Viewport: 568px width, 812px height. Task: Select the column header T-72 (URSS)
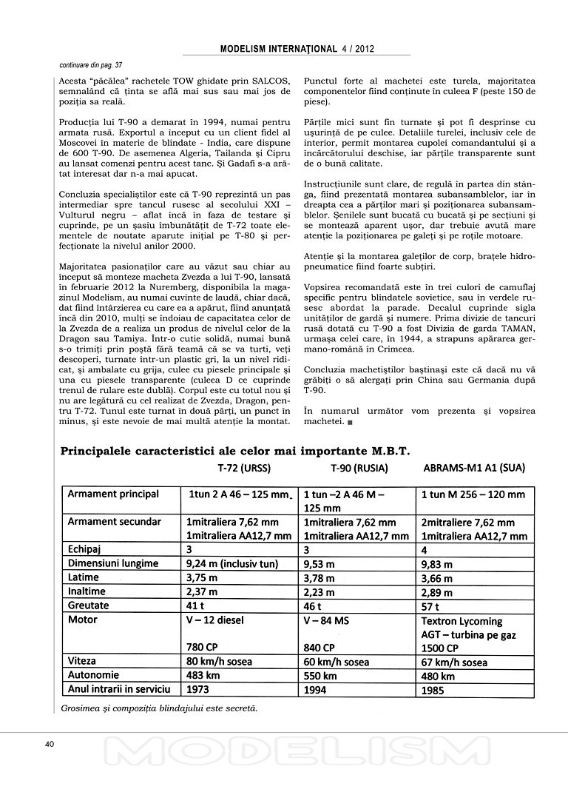coord(243,468)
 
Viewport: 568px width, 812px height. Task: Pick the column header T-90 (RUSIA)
coord(360,468)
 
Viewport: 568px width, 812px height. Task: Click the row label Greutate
coord(89,605)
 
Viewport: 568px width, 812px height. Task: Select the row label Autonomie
coord(94,675)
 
